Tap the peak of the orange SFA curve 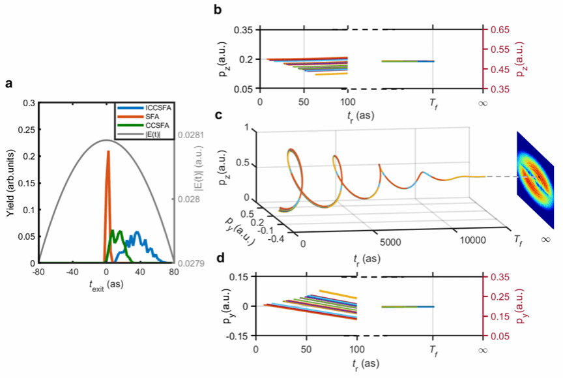(108, 151)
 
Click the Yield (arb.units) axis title (11, 182)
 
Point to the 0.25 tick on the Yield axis (28, 129)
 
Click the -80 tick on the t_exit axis (39, 272)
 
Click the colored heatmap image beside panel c (534, 179)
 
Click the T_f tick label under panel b (433, 102)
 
